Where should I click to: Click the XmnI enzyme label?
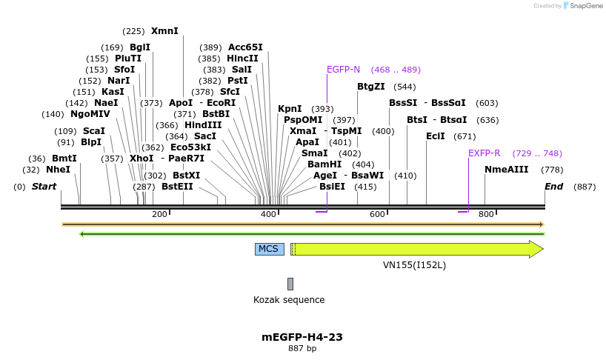coord(164,31)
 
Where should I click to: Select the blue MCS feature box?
coord(269,249)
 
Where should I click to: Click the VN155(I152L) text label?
coord(414,264)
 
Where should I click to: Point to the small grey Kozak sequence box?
coord(290,284)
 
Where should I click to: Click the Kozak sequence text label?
coord(289,300)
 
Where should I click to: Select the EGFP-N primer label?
coord(343,70)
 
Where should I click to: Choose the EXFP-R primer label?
coord(484,153)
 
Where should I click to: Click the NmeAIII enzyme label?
coord(507,170)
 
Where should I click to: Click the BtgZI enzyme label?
coord(371,87)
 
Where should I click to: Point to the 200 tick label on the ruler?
coord(159,215)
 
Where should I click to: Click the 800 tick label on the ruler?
coord(486,215)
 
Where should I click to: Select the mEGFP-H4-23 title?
coord(302,337)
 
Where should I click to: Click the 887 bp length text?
coord(302,348)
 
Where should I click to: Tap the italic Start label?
coord(44,187)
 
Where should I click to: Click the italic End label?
coord(554,187)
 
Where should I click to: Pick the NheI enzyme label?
coord(59,170)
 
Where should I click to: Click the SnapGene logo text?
coord(585,6)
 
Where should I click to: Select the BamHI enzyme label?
coord(324,164)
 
